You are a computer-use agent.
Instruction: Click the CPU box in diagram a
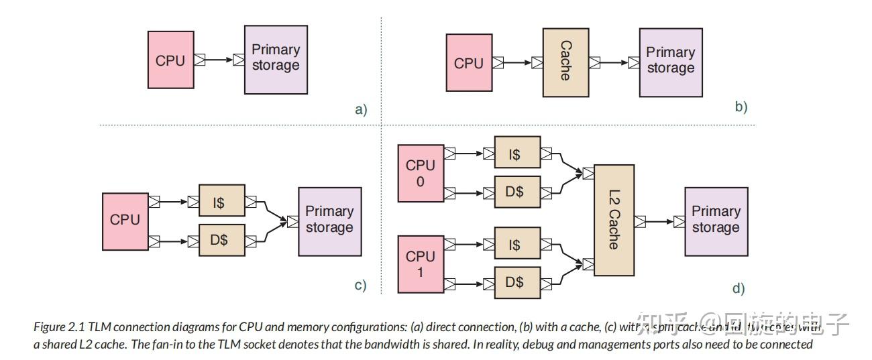[170, 60]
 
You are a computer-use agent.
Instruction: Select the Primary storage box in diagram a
[276, 60]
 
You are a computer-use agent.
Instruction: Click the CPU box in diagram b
[469, 63]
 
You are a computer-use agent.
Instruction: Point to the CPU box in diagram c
[125, 220]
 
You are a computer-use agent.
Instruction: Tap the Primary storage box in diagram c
[329, 221]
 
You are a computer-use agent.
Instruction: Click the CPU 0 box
[421, 173]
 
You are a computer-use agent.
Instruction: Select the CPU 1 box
[421, 264]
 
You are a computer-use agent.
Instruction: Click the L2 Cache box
[614, 220]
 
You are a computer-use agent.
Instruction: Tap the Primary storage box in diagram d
[716, 221]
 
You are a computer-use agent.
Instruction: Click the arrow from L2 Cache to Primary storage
[660, 221]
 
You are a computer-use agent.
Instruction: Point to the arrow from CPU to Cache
[517, 63]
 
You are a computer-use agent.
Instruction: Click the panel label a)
[361, 109]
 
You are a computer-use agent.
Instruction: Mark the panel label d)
[739, 289]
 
